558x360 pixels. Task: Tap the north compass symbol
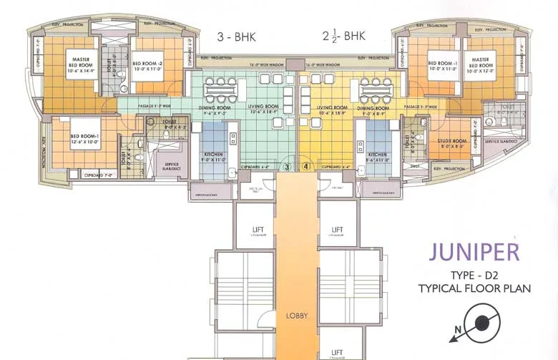click(481, 323)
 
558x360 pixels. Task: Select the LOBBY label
click(296, 315)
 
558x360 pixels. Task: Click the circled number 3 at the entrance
click(287, 166)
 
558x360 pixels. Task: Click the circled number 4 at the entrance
click(306, 166)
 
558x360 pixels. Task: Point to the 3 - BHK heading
click(236, 35)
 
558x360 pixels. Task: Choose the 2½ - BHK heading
click(340, 35)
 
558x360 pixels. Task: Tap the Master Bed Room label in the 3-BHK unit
click(79, 62)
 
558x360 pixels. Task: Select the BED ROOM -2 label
click(149, 67)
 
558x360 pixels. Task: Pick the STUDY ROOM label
click(451, 143)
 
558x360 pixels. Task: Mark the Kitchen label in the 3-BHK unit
click(215, 157)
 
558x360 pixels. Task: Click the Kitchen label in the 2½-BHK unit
click(377, 157)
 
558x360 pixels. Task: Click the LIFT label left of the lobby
click(256, 230)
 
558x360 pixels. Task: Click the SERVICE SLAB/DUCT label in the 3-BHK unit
click(172, 167)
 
